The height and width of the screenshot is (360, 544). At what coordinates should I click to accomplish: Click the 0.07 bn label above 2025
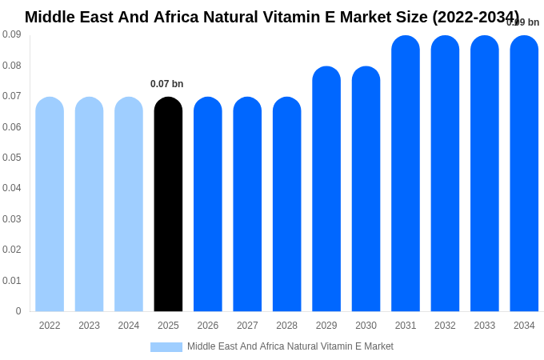tap(166, 84)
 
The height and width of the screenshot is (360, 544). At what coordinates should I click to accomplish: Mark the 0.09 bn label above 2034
tap(523, 22)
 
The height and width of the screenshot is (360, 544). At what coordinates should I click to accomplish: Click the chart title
tap(272, 17)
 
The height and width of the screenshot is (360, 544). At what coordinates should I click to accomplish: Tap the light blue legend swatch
tap(166, 346)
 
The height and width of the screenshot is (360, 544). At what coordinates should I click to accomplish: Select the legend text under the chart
tap(290, 346)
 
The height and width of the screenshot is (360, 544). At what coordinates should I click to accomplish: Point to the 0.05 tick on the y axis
tap(11, 158)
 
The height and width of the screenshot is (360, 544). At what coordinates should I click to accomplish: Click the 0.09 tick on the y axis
tap(11, 34)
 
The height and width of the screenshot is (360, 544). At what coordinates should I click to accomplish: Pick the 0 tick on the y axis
tap(18, 311)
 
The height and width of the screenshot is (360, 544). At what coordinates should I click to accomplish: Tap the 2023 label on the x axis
tap(89, 326)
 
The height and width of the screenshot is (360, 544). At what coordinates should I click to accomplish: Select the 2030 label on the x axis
tap(366, 326)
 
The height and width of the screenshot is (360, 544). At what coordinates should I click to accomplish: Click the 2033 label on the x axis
tap(485, 326)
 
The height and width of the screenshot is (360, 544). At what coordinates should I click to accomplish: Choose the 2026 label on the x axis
tap(208, 326)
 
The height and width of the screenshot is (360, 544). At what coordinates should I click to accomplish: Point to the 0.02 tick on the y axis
tap(11, 250)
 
